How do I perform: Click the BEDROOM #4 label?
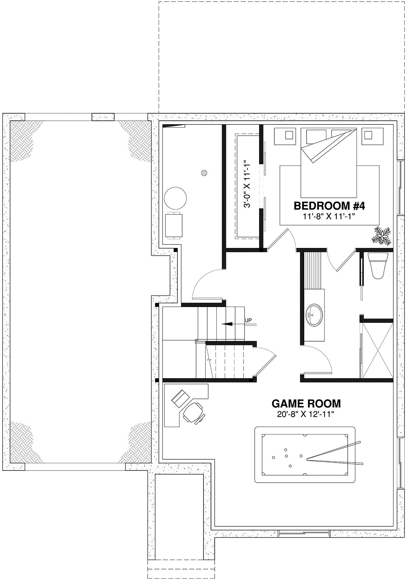(329, 206)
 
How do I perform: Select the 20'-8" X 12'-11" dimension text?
(306, 414)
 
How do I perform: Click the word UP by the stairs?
(248, 320)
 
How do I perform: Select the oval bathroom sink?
(314, 314)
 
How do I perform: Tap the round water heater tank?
(175, 198)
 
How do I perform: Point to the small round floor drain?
(204, 173)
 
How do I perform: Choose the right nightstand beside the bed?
(368, 136)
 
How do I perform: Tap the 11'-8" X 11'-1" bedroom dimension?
(329, 216)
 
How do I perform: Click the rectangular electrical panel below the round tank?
(173, 226)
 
